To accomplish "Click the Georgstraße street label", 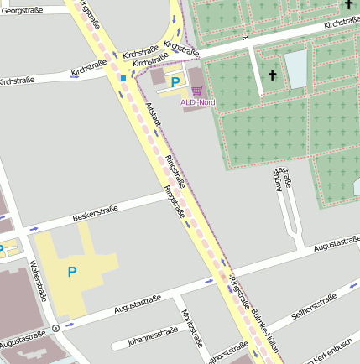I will [22, 10].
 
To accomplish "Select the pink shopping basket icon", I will [197, 90].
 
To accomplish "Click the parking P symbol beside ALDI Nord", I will [175, 82].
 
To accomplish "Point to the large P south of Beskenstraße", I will [71, 271].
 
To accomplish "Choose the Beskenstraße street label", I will [95, 212].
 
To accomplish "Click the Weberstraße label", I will [38, 279].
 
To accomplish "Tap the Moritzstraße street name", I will [192, 327].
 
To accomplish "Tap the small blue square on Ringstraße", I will [123, 78].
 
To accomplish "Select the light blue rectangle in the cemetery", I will [296, 70].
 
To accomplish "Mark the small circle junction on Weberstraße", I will [55, 328].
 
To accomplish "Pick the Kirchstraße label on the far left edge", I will [15, 81].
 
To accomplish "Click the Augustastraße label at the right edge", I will [337, 244].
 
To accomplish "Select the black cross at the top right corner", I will [347, 4].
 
